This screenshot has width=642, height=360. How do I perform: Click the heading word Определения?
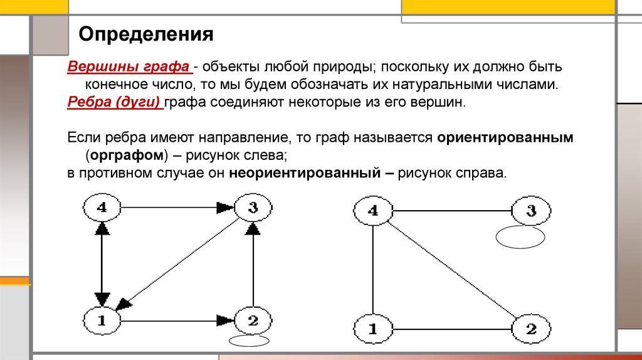click(145, 33)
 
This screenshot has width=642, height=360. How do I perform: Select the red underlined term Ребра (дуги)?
click(115, 103)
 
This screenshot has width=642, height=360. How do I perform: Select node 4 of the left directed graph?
click(102, 208)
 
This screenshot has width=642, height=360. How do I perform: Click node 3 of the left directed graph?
click(253, 208)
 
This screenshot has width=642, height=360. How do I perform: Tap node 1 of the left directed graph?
click(102, 320)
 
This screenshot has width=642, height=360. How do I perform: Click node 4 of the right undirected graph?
click(372, 211)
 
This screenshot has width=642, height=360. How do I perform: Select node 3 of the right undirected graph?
click(530, 211)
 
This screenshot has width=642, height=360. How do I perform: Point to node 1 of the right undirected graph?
click(372, 327)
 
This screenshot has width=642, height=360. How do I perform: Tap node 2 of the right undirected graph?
click(530, 327)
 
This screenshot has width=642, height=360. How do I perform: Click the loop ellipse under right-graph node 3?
click(520, 237)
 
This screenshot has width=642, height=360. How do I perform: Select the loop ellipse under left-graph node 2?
click(249, 342)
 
